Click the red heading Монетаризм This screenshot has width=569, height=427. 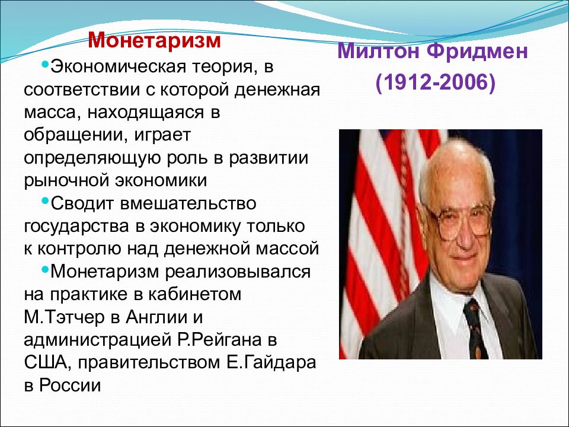click(154, 40)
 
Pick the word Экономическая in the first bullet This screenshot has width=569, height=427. click(114, 67)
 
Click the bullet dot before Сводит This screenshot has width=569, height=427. click(45, 200)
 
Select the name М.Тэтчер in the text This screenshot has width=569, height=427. click(64, 317)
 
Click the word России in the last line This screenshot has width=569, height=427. click(70, 385)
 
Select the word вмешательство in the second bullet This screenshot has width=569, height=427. click(188, 203)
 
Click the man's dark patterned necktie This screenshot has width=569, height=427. click(476, 329)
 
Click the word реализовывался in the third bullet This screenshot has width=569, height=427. click(238, 272)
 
